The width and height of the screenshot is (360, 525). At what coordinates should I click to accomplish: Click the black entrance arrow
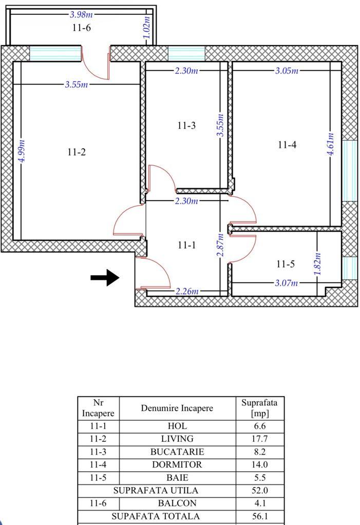105,278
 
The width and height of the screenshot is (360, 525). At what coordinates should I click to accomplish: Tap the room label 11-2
76,152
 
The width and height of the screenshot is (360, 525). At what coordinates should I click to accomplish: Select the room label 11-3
186,126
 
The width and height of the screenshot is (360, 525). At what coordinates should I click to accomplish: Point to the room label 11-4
287,145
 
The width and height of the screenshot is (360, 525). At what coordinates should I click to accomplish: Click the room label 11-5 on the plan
285,264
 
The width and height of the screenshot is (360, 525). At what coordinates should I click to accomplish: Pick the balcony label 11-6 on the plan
81,28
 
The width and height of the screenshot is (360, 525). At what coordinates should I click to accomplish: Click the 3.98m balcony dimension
81,15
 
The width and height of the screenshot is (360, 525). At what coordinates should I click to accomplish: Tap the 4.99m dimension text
21,152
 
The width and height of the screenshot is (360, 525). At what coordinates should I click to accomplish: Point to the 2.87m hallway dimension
220,245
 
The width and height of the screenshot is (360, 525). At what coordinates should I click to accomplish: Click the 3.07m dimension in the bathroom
287,283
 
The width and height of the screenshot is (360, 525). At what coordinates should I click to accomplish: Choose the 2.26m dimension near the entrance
186,291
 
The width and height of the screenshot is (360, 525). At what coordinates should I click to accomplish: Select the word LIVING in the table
177,439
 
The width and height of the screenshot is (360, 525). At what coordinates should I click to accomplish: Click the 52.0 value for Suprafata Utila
260,491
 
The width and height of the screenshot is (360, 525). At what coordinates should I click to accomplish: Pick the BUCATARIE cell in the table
177,452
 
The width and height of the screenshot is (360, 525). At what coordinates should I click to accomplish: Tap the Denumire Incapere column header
177,409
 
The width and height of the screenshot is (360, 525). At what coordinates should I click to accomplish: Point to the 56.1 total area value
260,516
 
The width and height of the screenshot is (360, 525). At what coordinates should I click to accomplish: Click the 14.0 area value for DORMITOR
260,464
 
